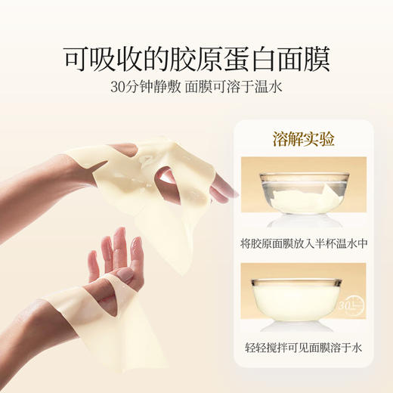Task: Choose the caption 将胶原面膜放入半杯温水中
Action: click(x=304, y=245)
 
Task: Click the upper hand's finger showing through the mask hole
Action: click(x=167, y=175)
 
